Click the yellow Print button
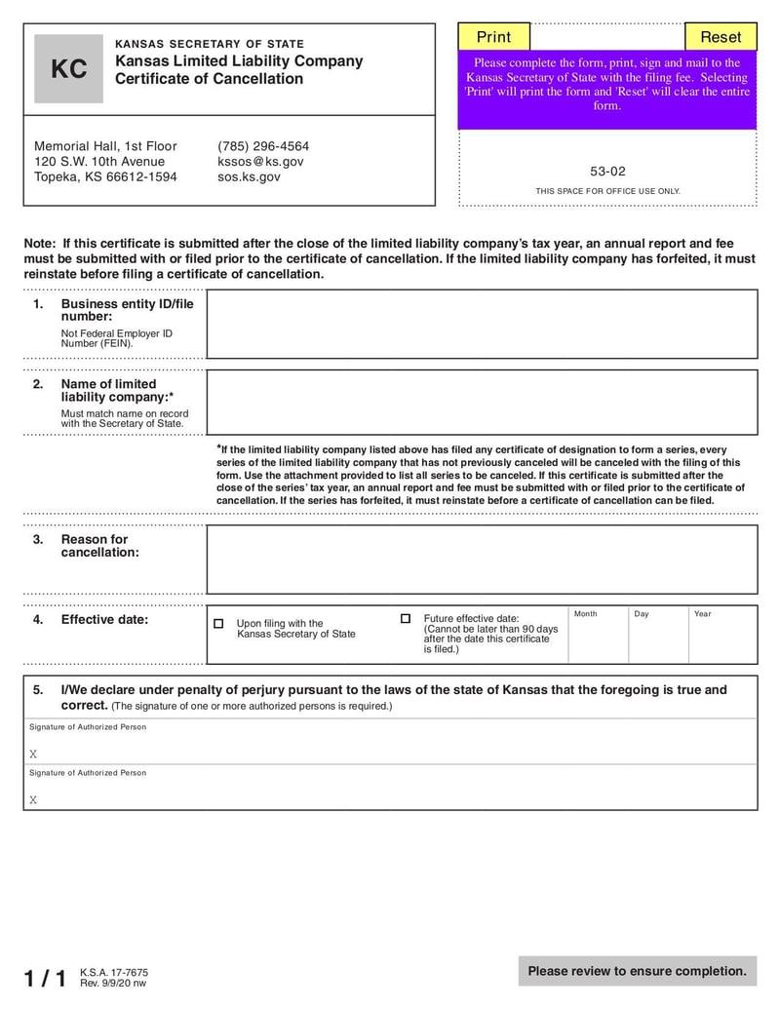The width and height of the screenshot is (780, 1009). click(493, 37)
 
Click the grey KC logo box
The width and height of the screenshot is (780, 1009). click(68, 69)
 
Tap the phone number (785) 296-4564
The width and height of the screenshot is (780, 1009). click(263, 146)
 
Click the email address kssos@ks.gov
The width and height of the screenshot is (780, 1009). click(260, 162)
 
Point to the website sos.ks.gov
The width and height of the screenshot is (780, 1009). click(249, 177)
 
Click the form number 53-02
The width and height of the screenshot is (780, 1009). click(607, 171)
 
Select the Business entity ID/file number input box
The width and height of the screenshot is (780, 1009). click(482, 324)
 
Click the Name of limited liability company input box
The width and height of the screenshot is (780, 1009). click(482, 402)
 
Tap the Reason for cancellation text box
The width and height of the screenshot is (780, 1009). click(482, 559)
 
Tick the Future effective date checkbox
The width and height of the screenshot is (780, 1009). click(406, 619)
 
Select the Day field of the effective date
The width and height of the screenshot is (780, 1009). click(658, 640)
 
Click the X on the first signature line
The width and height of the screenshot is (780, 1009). click(33, 754)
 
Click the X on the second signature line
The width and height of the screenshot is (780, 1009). click(33, 799)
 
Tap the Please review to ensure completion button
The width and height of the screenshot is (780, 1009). click(637, 971)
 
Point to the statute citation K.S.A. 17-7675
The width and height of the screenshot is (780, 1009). click(114, 972)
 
